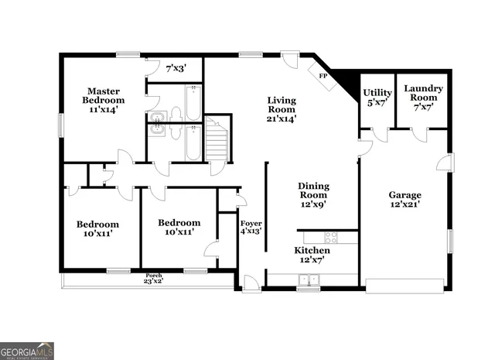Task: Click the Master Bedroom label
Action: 104,101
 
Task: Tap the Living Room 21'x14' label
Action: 282,109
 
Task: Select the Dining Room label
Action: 314,195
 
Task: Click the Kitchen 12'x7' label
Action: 312,255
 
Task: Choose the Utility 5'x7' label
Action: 377,98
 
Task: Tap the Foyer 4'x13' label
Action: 250,225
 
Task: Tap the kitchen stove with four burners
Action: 330,238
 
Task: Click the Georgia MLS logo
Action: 27,350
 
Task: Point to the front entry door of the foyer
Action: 251,283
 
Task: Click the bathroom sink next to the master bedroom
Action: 158,119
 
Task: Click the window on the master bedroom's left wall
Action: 61,125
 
